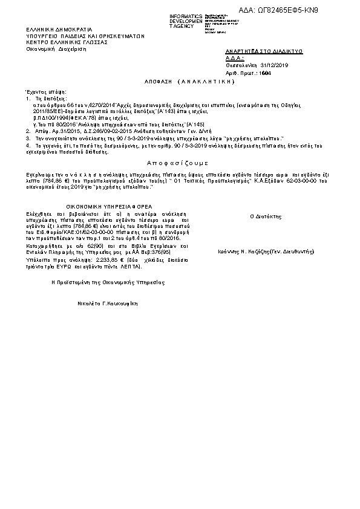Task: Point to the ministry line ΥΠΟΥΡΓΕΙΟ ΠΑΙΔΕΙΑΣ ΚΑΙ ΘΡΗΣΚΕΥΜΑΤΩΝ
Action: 85,36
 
